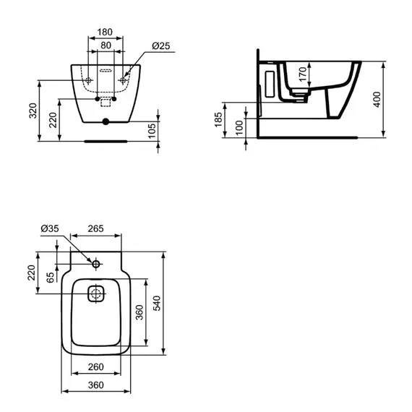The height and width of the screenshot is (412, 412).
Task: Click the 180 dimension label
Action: (105, 32)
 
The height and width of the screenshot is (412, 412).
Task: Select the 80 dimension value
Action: (106, 46)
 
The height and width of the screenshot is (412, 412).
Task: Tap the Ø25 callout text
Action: (160, 46)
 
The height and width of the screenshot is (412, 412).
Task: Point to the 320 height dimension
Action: (33, 111)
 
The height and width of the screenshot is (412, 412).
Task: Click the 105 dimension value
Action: (152, 131)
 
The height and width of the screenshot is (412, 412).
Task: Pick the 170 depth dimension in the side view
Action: (303, 74)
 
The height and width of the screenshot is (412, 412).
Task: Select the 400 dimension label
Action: (377, 99)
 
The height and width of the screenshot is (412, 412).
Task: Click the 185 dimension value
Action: (218, 120)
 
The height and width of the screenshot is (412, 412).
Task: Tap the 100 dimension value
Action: (239, 128)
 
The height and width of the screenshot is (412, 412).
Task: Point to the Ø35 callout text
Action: (50, 228)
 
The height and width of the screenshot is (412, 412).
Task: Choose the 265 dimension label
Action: (95, 228)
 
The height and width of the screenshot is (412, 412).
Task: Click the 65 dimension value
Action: (50, 278)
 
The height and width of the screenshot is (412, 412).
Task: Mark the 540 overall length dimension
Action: (157, 304)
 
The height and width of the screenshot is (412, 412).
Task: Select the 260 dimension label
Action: (95, 366)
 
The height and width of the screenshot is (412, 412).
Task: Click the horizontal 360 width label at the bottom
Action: (95, 385)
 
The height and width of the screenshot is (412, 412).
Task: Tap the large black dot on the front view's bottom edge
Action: (106, 121)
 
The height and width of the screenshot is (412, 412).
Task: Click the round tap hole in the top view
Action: (96, 264)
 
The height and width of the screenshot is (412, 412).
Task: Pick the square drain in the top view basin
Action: (96, 293)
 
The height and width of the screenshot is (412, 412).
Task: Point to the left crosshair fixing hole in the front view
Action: (89, 80)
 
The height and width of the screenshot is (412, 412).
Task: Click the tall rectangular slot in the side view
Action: (270, 84)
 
